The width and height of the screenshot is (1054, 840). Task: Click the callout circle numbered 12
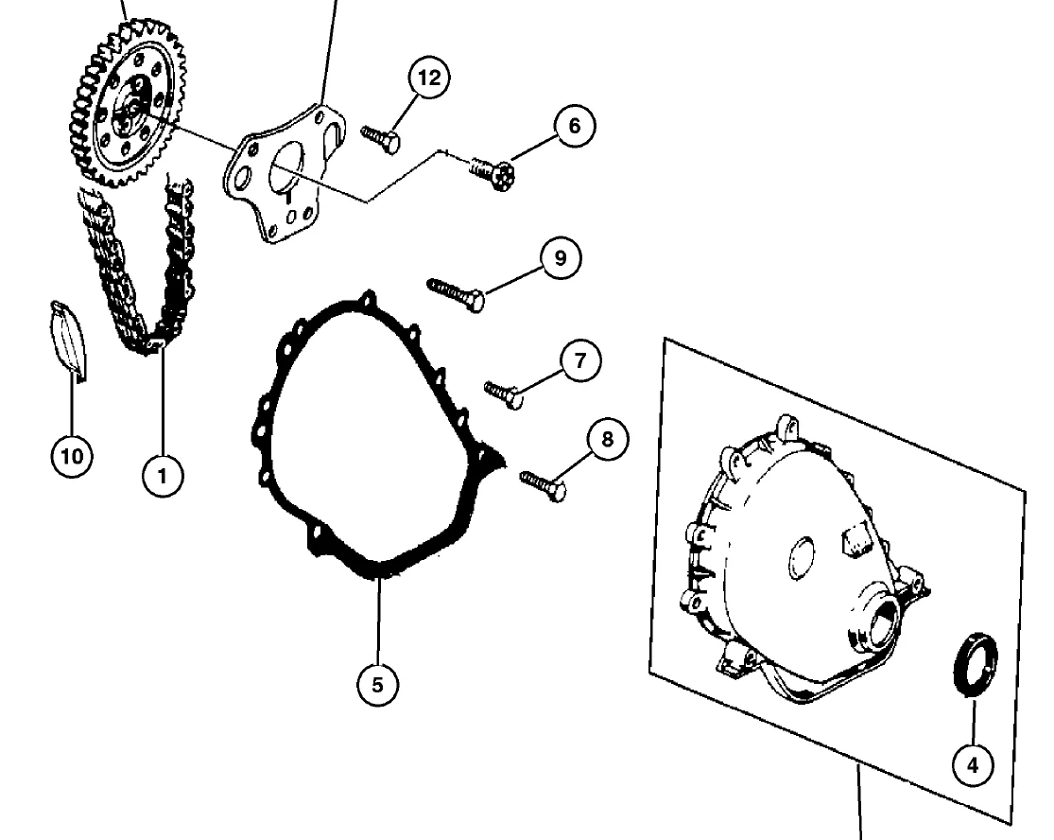point(429,78)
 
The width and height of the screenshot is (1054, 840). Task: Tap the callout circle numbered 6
point(574,126)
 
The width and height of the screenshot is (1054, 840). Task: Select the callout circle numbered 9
point(560,257)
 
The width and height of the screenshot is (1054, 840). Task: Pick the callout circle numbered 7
point(579,361)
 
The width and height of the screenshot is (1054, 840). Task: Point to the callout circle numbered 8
point(607,439)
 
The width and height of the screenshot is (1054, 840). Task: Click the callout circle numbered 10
point(72,456)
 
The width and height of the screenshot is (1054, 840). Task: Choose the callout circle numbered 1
point(163,476)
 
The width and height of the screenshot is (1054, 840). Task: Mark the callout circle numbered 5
point(377,685)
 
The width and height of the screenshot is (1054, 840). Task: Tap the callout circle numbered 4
point(973,764)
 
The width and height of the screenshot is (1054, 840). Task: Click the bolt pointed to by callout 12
point(380,138)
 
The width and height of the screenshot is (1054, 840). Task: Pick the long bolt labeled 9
point(456,294)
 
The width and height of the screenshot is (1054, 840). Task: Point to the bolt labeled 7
point(504,394)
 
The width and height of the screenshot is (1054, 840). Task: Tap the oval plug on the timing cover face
point(802,557)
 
